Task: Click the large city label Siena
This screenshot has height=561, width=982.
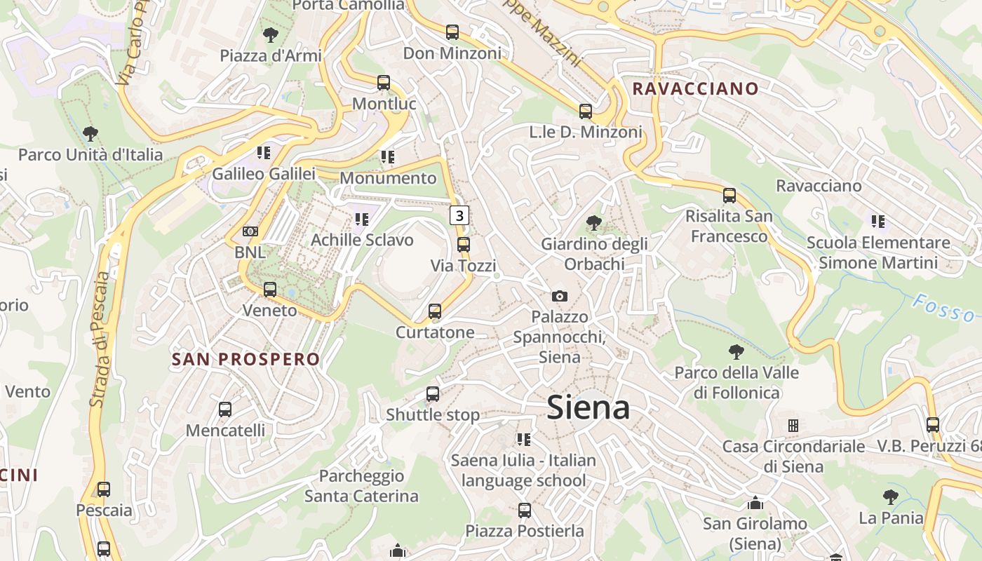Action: [588, 407]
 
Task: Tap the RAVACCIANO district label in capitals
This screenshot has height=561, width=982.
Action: [695, 88]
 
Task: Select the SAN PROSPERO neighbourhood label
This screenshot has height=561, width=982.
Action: [245, 359]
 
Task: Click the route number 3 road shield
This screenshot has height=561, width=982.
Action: [459, 215]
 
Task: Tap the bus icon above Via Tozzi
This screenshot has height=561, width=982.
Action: [463, 245]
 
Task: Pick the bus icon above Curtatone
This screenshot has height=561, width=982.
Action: [435, 311]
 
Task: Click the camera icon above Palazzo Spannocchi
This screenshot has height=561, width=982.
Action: [559, 296]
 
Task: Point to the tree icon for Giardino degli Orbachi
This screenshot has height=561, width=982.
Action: [594, 223]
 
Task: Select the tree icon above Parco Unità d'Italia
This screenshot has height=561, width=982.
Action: [90, 133]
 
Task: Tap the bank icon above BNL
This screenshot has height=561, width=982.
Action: [250, 231]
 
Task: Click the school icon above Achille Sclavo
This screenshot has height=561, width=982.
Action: [361, 219]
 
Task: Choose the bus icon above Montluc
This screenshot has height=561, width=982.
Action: [384, 83]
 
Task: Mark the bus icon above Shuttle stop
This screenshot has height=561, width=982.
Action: [433, 394]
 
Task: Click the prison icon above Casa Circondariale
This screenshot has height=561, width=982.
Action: [793, 426]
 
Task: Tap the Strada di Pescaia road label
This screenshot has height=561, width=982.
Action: [101, 339]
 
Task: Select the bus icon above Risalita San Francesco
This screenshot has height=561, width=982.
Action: [729, 196]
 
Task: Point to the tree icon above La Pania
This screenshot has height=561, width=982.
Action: [891, 497]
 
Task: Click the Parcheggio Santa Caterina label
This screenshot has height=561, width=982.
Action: [361, 486]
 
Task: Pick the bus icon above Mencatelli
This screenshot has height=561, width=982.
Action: [225, 410]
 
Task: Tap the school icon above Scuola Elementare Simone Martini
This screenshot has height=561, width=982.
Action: [877, 222]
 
